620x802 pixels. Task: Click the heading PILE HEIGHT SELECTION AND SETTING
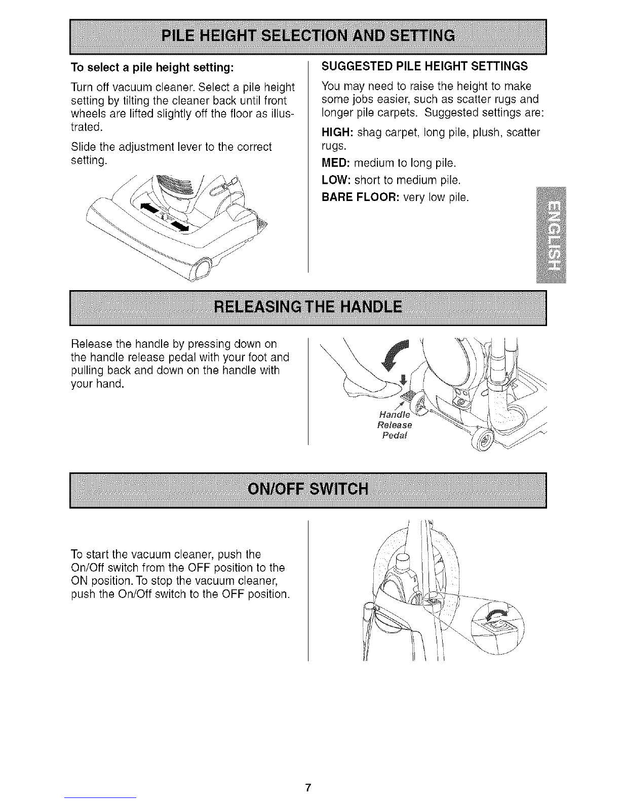click(x=308, y=36)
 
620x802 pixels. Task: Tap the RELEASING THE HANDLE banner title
click(x=308, y=307)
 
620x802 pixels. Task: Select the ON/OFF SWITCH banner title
click(x=308, y=489)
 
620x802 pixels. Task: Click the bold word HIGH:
click(x=337, y=132)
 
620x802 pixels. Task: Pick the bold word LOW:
click(x=336, y=180)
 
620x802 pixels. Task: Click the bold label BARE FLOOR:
click(x=360, y=197)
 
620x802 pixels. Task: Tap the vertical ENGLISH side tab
click(x=551, y=235)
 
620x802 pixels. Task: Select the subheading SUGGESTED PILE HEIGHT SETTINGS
click(x=424, y=66)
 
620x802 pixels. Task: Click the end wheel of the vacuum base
click(x=202, y=268)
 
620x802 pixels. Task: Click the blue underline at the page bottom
click(x=100, y=797)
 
